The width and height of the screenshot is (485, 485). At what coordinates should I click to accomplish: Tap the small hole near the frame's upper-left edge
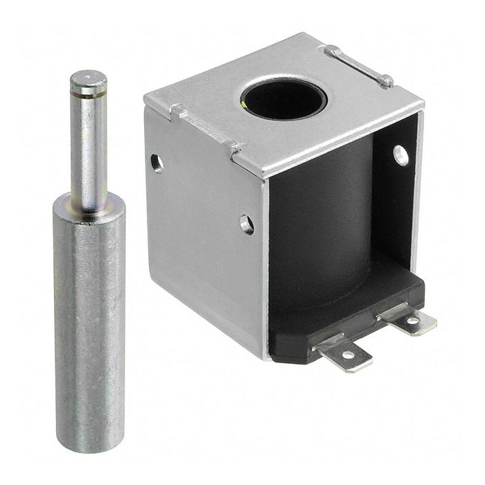point(157,163)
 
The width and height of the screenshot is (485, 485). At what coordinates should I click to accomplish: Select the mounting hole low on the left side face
point(247,223)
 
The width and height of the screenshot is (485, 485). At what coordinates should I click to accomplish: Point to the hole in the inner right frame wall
point(401,154)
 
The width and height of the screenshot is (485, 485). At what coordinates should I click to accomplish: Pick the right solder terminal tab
point(410,318)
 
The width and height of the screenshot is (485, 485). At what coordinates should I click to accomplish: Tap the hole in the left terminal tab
point(347,355)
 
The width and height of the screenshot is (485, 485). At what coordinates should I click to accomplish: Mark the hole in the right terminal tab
point(414,320)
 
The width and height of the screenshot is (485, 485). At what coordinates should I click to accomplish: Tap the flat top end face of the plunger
point(88,78)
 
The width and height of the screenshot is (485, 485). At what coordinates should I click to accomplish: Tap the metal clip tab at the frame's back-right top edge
point(360,66)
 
